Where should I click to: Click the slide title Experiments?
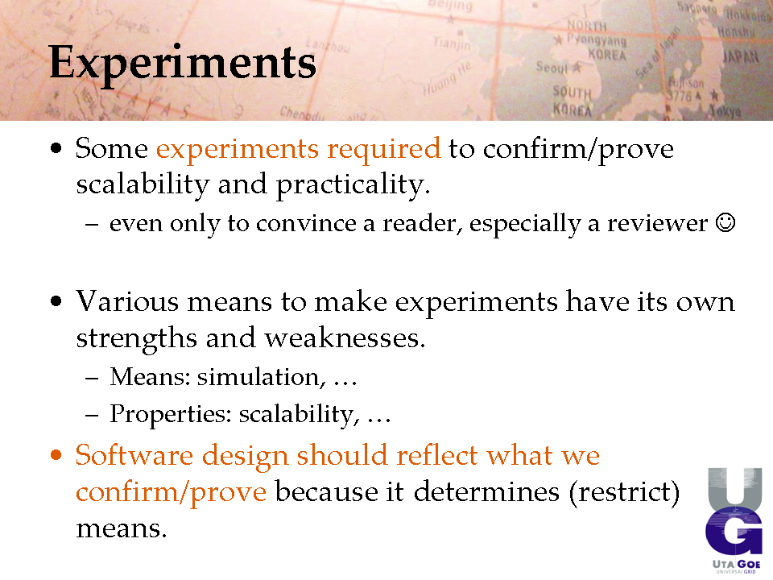pos(183,63)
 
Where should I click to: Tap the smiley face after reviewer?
pos(725,222)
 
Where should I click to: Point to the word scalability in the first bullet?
pos(143,184)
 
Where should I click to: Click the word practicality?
pos(353,185)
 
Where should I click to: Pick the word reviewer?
pos(657,223)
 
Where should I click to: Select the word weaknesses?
pos(345,338)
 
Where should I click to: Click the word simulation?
pos(261,377)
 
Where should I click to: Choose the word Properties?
pos(171,414)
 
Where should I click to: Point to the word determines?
pos(486,491)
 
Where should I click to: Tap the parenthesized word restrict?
pos(624,492)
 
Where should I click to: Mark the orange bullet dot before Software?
pos(56,454)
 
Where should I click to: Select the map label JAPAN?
pos(741,56)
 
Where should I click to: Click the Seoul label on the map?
pos(552,67)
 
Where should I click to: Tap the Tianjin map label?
pos(452,43)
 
